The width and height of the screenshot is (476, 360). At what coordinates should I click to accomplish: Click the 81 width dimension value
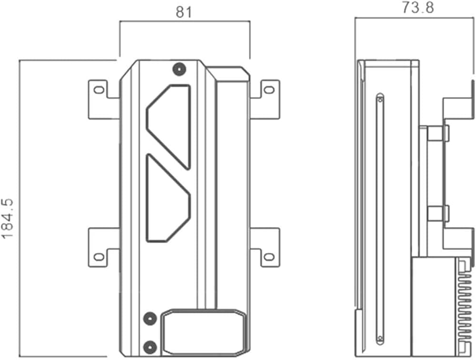tap(184, 12)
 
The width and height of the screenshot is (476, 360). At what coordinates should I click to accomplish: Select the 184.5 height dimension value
tap(8, 219)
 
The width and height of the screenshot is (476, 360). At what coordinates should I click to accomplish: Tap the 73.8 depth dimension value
tap(418, 7)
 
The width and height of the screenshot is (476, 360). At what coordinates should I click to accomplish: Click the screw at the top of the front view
tap(179, 70)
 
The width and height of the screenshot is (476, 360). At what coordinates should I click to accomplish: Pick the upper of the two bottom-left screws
tap(150, 319)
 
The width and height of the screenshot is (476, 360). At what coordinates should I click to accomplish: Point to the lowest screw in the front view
tap(150, 347)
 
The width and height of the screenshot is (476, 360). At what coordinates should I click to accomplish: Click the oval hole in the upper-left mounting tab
tap(99, 90)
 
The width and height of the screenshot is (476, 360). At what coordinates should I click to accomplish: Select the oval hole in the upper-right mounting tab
tap(269, 90)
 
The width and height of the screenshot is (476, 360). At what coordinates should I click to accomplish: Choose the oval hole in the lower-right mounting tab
tap(269, 257)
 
